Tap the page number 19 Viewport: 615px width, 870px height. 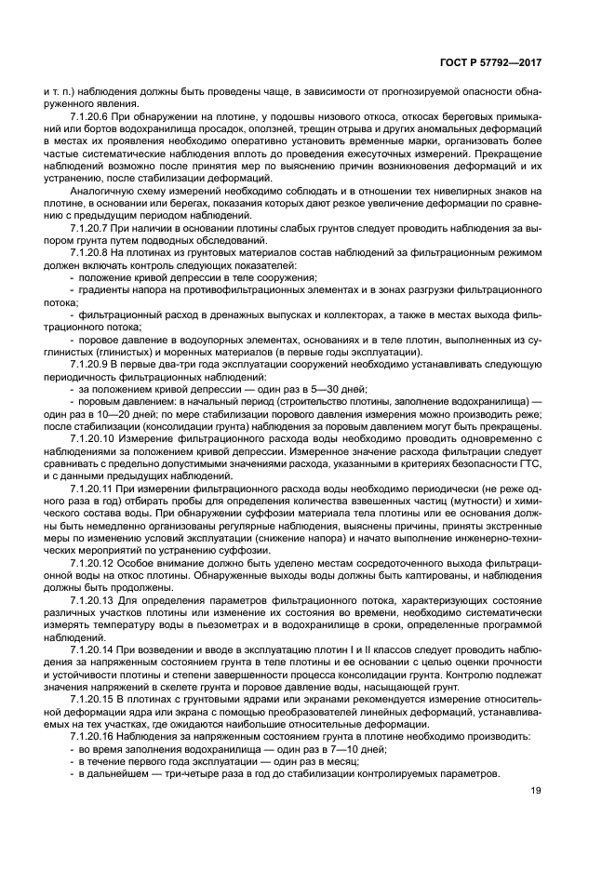coord(536,791)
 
